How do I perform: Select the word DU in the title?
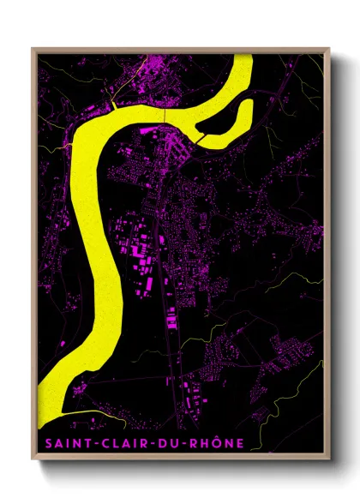(x=163, y=443)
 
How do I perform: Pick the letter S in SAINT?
(x=45, y=443)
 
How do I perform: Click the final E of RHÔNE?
(x=239, y=443)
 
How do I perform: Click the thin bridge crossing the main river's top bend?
(x=164, y=113)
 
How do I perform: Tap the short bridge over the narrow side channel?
(x=201, y=136)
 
